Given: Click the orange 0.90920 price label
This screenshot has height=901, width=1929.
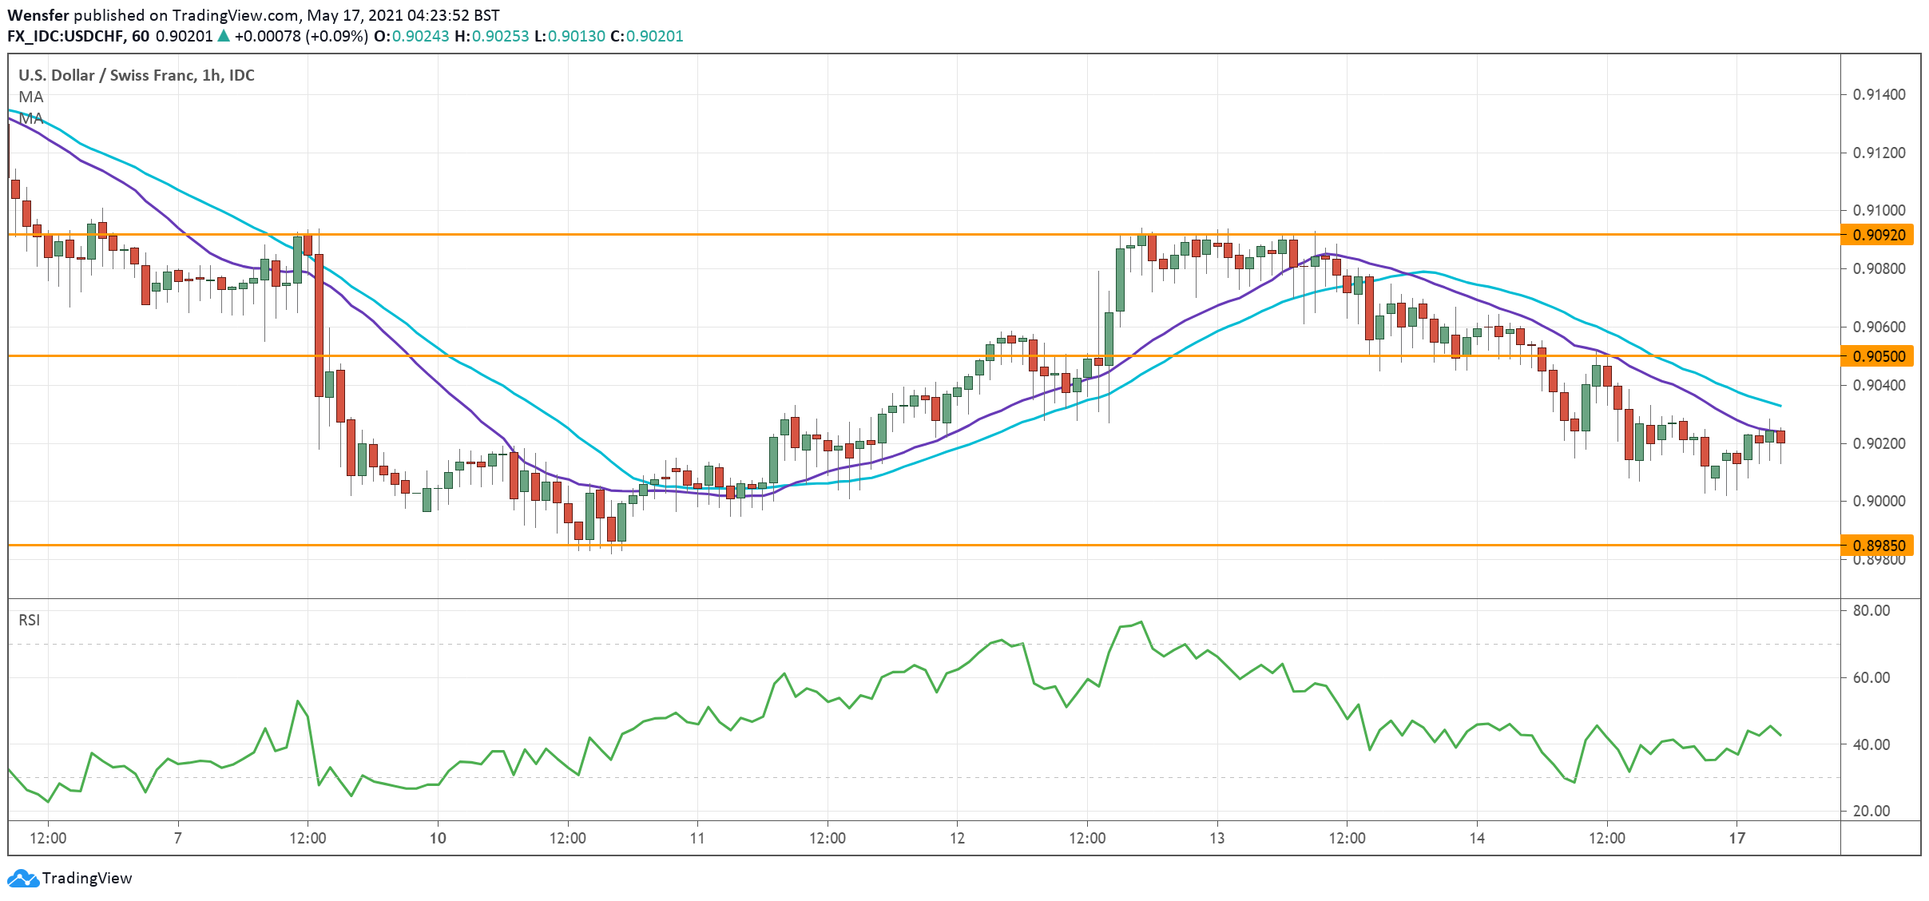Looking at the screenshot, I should (x=1878, y=235).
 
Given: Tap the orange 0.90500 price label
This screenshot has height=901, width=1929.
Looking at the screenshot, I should (x=1878, y=356).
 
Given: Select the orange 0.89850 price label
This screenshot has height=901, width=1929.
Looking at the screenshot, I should (x=1878, y=546).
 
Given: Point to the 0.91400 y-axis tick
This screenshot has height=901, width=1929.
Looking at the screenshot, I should (x=1879, y=94).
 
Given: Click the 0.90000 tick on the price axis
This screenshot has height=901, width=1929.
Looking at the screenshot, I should (x=1879, y=501).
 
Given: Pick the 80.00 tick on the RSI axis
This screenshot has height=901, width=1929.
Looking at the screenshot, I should (x=1871, y=610).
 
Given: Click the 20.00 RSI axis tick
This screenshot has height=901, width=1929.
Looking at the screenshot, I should (x=1871, y=811).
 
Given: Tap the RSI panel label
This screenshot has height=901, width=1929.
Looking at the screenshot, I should (x=29, y=620).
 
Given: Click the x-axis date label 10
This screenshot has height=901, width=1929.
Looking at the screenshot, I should (x=438, y=838).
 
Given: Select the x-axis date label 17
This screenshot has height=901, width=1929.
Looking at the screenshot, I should (x=1736, y=838).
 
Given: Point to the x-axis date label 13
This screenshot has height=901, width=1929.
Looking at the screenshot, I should (x=1217, y=838).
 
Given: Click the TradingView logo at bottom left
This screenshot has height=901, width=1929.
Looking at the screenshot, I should (x=69, y=878).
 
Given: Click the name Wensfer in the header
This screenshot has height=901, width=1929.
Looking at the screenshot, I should (x=38, y=15).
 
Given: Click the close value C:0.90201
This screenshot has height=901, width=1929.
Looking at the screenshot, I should (x=646, y=36).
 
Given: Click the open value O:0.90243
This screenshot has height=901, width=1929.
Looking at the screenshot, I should (x=411, y=36).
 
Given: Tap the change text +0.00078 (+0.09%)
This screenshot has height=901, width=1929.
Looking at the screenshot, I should (x=300, y=36).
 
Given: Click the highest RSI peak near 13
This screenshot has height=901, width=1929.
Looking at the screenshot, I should (x=1141, y=621).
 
